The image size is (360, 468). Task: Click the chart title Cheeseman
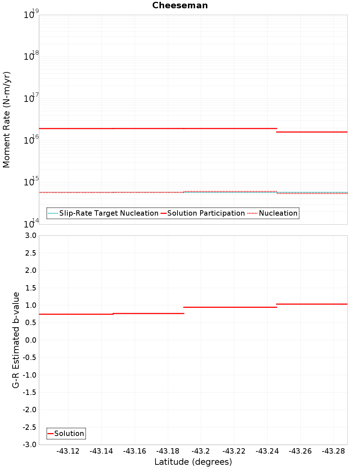180,5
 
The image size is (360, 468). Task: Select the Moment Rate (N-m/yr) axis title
6,120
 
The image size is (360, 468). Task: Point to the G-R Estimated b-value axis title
16,340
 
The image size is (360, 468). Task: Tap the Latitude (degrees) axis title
193,462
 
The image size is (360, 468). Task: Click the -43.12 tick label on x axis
68,451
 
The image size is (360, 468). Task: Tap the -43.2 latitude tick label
201,451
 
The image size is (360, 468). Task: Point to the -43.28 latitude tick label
333,451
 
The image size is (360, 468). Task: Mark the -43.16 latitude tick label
134,451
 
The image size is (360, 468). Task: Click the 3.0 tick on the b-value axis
30,235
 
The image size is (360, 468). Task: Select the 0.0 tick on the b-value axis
30,340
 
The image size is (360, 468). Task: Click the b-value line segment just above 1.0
312,304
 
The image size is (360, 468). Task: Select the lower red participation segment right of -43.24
312,132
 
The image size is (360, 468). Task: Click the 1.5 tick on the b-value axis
30,288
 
